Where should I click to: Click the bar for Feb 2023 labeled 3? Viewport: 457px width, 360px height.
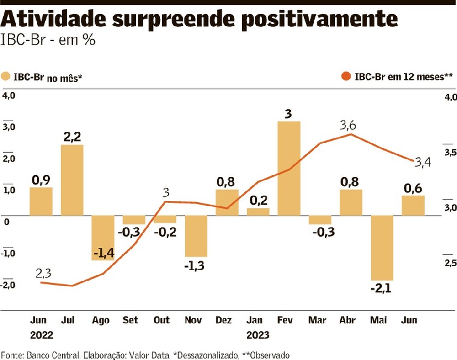289,168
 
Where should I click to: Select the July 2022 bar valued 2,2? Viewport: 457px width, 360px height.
72,180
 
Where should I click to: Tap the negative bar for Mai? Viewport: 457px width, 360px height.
382,247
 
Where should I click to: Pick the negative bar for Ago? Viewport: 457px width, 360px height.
103,238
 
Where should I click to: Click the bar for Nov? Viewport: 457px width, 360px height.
196,236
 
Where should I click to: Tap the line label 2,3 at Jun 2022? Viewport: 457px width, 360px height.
43,273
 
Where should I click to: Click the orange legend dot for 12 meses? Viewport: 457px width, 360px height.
346,76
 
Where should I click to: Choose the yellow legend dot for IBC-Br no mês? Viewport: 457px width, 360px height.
6,76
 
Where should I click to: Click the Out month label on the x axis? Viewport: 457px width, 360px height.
161,320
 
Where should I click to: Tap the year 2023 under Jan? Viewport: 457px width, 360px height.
258,335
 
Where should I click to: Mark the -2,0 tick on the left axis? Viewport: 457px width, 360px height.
8,285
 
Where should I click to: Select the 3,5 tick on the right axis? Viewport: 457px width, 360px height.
449,153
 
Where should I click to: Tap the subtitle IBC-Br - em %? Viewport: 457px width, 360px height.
48,40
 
